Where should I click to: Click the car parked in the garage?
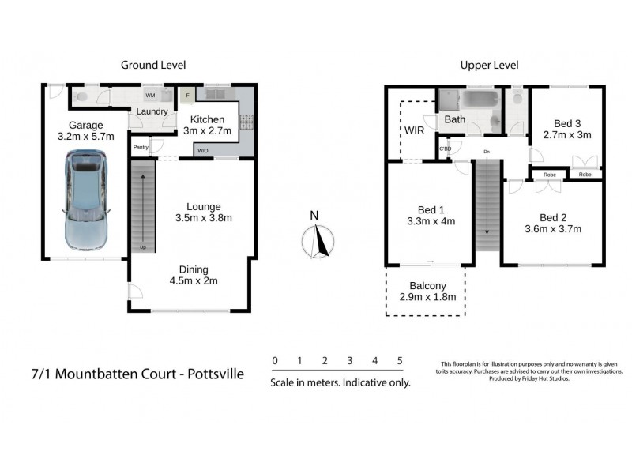click(87, 201)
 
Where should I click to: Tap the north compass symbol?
click(318, 240)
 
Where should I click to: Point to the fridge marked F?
click(187, 96)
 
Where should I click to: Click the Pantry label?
click(141, 147)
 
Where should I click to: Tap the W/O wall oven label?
click(203, 150)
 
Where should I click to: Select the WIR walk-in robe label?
click(416, 130)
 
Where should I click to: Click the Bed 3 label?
click(567, 123)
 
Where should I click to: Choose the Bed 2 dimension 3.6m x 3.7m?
click(555, 230)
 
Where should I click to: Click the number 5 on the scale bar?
click(400, 361)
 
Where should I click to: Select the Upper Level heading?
click(487, 65)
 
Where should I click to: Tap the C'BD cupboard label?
click(445, 149)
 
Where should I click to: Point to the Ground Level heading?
click(152, 65)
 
